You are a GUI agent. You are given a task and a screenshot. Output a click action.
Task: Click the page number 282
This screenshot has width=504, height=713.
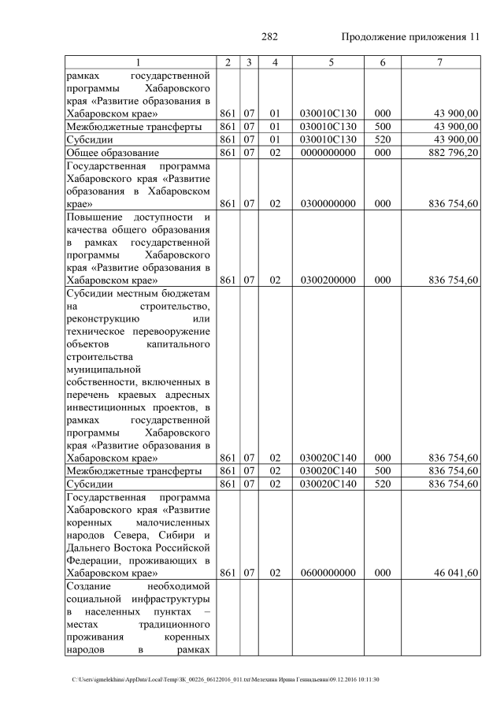(269, 37)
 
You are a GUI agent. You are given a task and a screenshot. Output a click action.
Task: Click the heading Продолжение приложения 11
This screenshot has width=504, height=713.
(410, 37)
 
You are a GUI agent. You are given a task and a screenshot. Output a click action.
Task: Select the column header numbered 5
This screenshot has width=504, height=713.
(329, 62)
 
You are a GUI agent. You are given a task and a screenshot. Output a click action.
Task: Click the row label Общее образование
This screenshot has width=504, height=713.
(113, 151)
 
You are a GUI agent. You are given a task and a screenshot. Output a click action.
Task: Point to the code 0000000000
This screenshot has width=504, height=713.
(329, 151)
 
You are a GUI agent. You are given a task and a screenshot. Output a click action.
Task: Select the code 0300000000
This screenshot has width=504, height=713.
(329, 203)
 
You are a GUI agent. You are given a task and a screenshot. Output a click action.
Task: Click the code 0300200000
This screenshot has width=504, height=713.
(329, 279)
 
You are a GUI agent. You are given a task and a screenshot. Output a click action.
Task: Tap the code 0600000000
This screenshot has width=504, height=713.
(329, 572)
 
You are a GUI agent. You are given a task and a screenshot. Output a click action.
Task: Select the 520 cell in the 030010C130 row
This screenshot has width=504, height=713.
(383, 139)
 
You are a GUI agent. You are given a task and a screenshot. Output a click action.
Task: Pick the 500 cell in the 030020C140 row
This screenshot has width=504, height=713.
(383, 470)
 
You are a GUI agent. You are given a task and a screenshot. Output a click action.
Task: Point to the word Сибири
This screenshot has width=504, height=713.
(173, 534)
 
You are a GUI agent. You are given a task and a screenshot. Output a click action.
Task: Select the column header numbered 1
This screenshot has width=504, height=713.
(139, 62)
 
